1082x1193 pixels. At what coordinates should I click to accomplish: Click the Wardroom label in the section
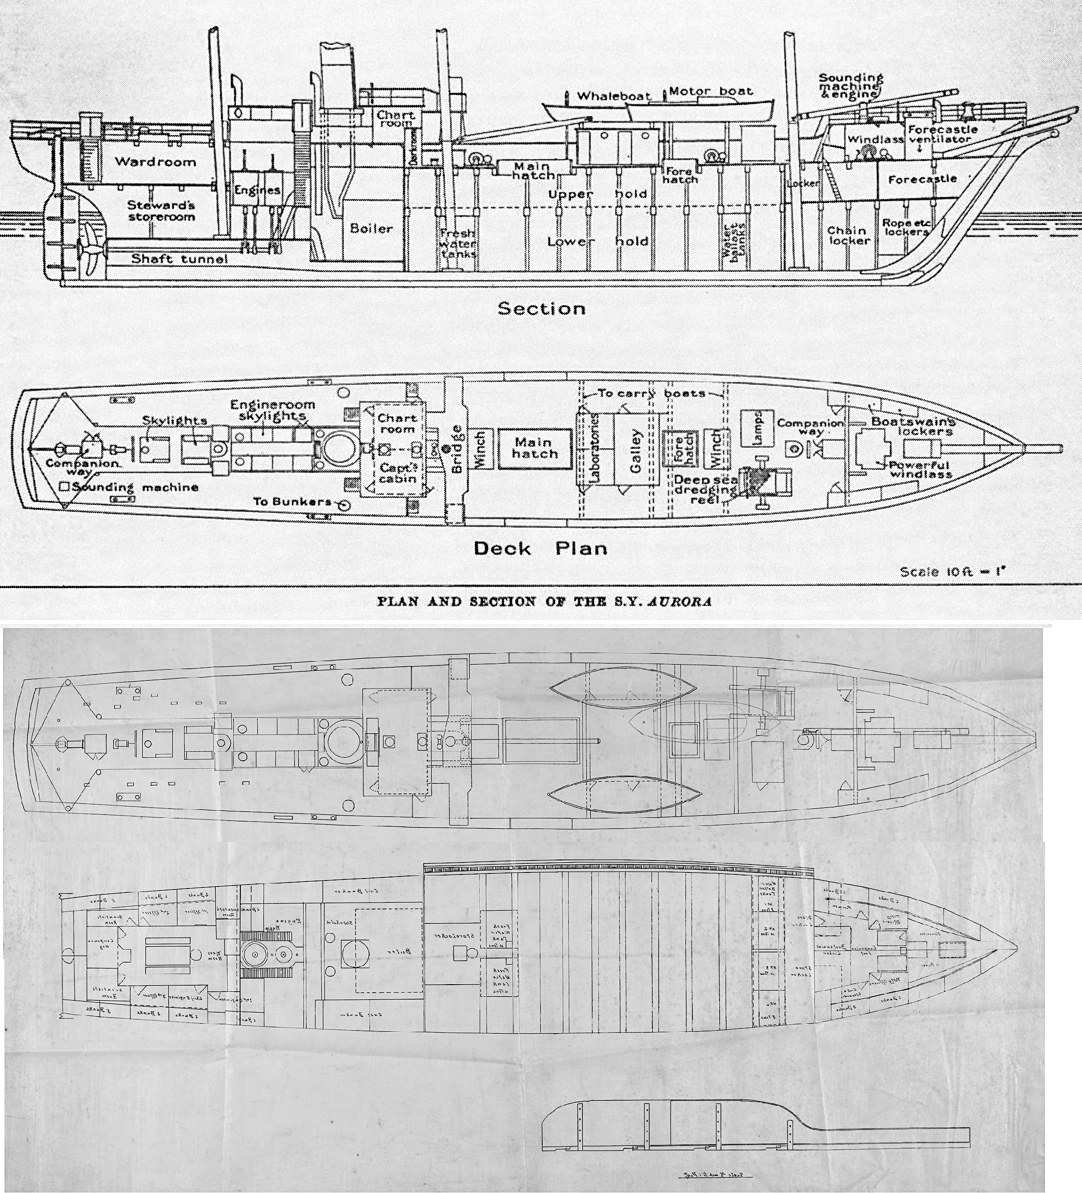pyautogui.click(x=155, y=162)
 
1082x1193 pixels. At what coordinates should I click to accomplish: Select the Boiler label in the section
pyautogui.click(x=371, y=228)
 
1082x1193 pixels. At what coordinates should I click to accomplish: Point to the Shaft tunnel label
pyautogui.click(x=179, y=258)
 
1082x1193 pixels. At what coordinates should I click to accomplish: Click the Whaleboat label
pyautogui.click(x=613, y=96)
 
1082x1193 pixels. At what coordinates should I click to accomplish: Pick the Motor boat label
pyautogui.click(x=711, y=92)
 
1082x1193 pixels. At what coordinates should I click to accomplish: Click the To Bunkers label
pyautogui.click(x=292, y=502)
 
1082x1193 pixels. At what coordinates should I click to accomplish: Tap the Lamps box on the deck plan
pyautogui.click(x=759, y=426)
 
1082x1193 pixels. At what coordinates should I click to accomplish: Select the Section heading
pyautogui.click(x=541, y=309)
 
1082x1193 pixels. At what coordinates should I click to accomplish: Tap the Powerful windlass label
pyautogui.click(x=921, y=470)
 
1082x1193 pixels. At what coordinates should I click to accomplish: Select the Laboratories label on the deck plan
pyautogui.click(x=594, y=446)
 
